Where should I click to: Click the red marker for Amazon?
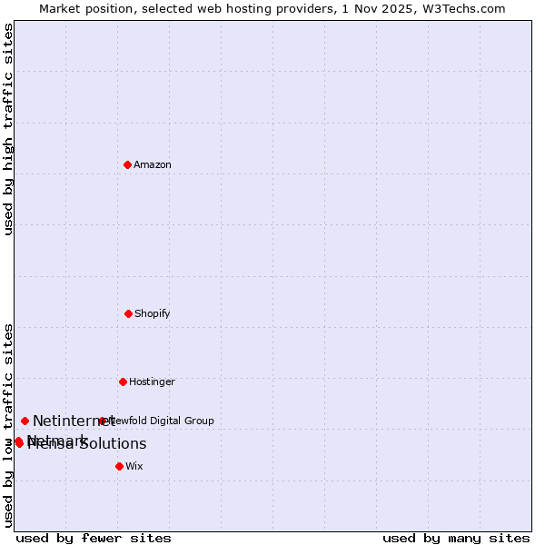(128, 164)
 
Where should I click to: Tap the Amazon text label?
(153, 164)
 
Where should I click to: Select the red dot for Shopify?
(128, 313)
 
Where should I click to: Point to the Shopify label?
(153, 313)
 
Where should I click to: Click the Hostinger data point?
(123, 381)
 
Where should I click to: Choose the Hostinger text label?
(152, 381)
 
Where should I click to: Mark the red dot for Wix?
(119, 466)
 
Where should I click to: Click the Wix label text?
(134, 466)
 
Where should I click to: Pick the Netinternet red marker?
(25, 421)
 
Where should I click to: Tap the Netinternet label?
(73, 421)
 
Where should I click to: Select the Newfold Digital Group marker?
(102, 421)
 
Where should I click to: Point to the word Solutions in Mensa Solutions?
(111, 444)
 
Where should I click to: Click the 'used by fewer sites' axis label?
(94, 538)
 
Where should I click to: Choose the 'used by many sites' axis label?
(456, 538)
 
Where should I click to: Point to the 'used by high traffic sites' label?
(8, 129)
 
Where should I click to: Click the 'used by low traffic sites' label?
(8, 425)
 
